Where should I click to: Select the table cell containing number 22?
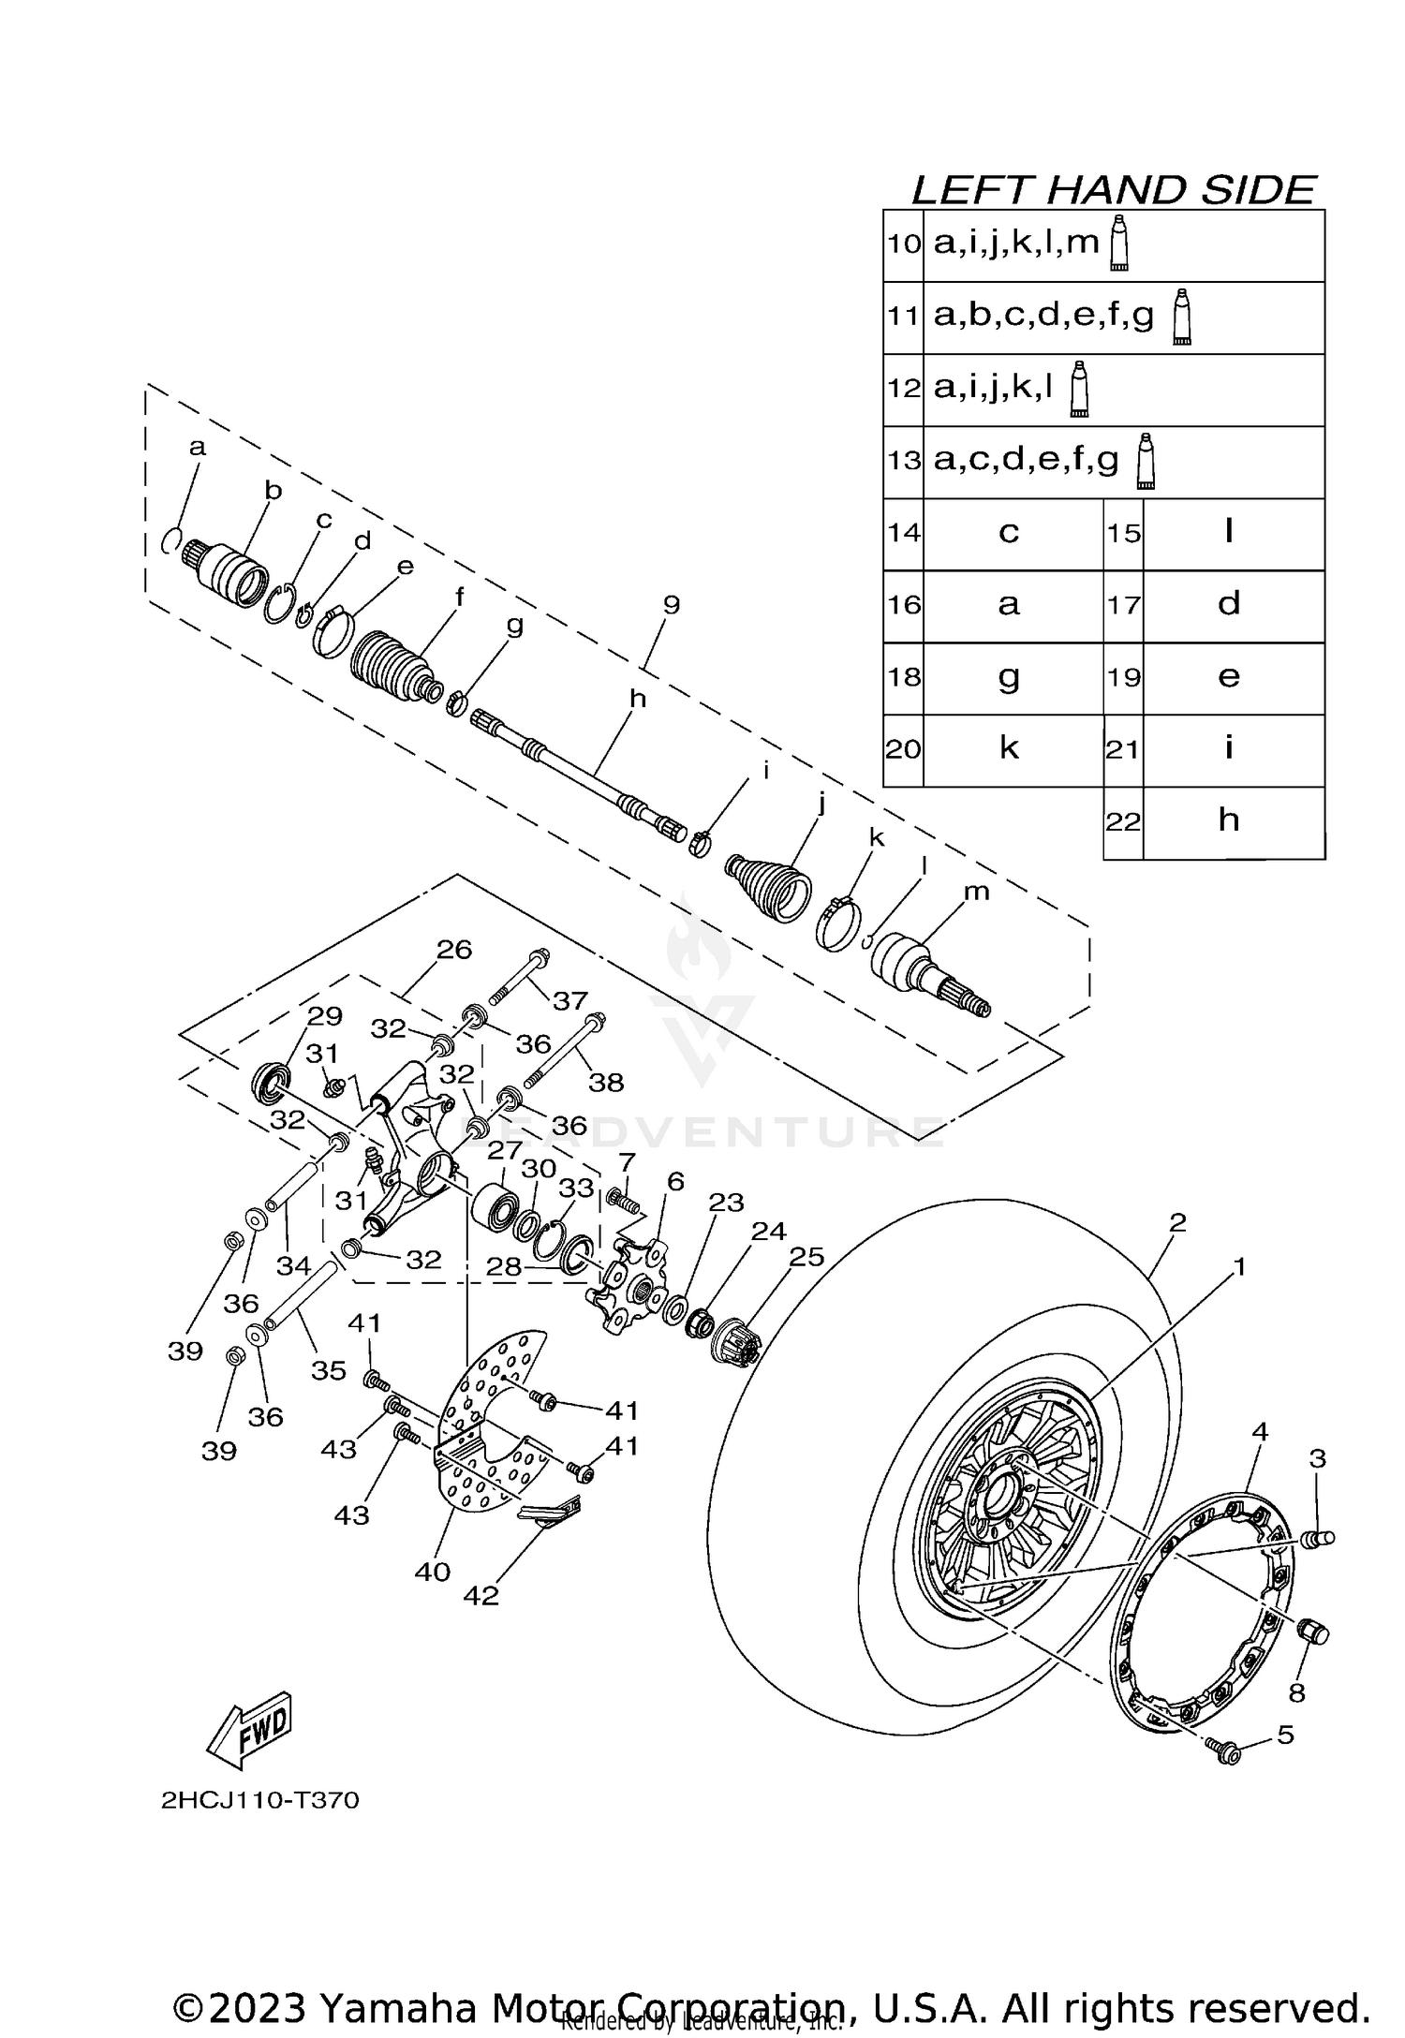[1123, 822]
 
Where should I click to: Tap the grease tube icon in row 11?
[1182, 318]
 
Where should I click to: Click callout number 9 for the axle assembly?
[671, 605]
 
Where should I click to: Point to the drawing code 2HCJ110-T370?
[259, 1801]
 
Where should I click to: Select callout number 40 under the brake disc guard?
[433, 1571]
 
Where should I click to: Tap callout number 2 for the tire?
[1177, 1222]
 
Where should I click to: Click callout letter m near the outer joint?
[976, 893]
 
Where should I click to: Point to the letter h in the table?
[1229, 820]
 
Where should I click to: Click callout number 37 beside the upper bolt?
[569, 1001]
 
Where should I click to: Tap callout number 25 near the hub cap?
[806, 1258]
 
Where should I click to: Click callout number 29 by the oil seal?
[325, 1016]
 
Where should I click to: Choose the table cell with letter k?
[1009, 748]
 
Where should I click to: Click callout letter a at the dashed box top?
[197, 449]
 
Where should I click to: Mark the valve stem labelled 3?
[1319, 1538]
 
